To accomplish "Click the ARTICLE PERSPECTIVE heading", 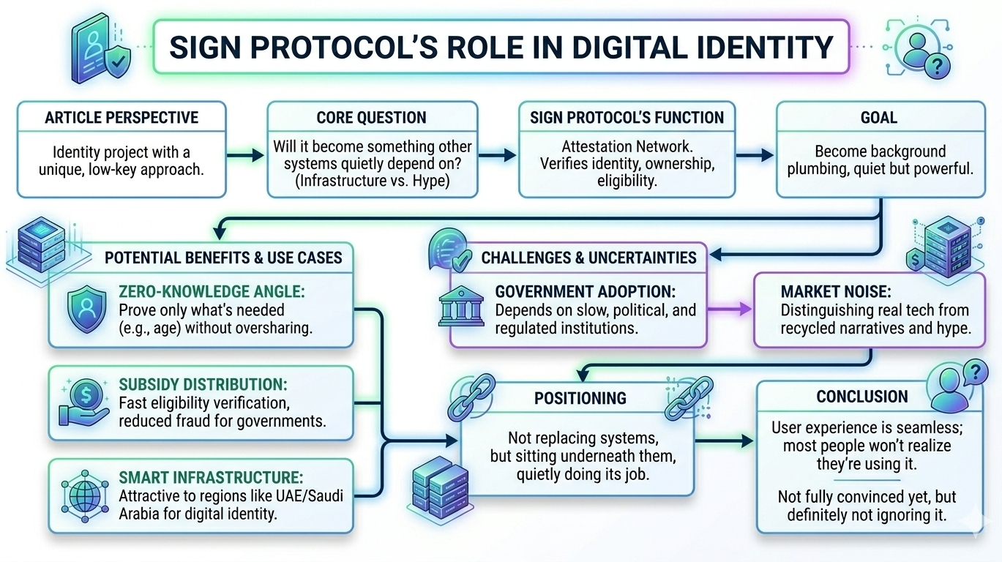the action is coord(121,118).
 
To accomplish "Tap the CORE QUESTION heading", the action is coord(371,118).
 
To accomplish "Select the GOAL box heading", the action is coord(879,118).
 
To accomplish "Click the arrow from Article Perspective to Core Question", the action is coord(246,155).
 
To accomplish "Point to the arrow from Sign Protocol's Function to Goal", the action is coord(755,155).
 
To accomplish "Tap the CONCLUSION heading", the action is coord(862,397).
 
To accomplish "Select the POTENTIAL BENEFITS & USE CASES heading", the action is coord(223,258).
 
